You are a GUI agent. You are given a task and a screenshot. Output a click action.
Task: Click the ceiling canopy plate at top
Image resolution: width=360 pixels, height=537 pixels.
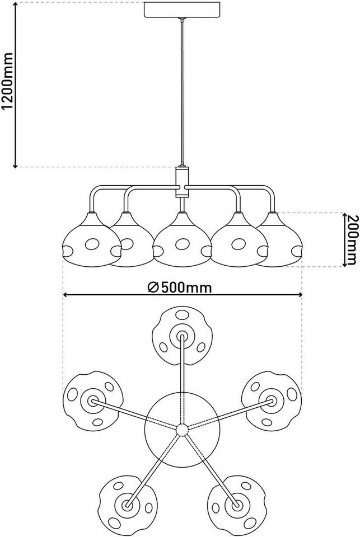[x=180, y=10]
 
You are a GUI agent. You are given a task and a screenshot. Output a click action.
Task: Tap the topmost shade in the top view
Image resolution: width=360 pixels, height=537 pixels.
[x=182, y=337]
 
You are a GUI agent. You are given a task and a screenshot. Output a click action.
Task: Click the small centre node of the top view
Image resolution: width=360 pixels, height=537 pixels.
[x=181, y=430]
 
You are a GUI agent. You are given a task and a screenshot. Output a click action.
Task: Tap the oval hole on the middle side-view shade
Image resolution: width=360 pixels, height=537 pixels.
[x=182, y=244]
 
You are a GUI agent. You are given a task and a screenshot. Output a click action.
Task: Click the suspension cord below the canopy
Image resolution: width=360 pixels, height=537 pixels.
[x=181, y=89]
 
